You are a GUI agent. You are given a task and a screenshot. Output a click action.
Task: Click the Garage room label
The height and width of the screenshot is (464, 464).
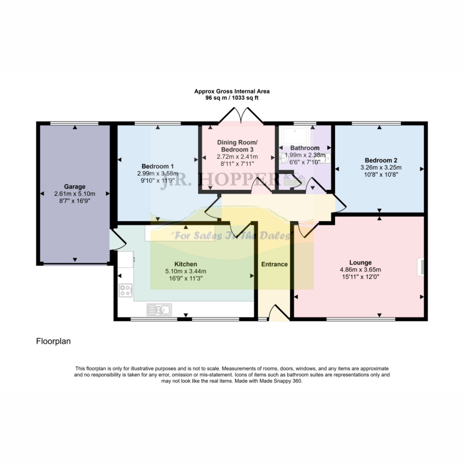(75, 187)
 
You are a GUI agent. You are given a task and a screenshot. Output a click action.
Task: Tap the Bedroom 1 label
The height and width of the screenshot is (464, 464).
(157, 166)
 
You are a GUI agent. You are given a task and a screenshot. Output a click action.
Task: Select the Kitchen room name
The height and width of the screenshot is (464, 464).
(185, 264)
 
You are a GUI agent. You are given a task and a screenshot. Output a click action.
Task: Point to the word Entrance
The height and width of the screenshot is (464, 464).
(274, 264)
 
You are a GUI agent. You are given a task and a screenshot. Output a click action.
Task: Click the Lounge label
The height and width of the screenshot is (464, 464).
(360, 262)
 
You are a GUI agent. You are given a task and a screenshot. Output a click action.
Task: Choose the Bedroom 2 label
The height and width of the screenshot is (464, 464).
(381, 160)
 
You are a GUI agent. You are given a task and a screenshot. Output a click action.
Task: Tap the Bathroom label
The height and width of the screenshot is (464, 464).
(305, 148)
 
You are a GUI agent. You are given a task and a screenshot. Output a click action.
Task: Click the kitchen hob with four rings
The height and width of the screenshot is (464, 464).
(126, 290)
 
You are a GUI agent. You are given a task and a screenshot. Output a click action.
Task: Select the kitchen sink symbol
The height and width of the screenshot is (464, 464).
(159, 310)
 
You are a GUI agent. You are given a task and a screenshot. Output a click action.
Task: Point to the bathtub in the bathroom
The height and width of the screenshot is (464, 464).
(296, 136)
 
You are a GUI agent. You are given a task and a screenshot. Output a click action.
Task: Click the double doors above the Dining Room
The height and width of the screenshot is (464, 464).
(241, 116)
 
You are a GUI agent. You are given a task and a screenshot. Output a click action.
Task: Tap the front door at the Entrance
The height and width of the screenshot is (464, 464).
(279, 313)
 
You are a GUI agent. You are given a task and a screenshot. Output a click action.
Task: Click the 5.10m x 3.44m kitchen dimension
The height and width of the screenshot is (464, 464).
(185, 271)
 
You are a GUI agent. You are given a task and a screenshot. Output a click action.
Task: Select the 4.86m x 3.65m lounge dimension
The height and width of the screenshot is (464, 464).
(360, 270)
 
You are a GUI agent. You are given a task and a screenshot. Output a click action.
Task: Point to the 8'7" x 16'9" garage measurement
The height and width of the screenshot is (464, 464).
(75, 201)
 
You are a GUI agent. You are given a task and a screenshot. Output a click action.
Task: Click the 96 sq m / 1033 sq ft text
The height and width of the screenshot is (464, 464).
(232, 98)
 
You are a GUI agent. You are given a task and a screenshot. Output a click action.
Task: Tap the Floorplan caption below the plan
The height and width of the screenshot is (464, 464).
(53, 341)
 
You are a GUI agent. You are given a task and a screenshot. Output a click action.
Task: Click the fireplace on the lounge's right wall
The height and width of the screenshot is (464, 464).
(421, 267)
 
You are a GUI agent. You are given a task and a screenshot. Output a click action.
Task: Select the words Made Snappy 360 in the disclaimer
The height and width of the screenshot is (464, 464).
(280, 381)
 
